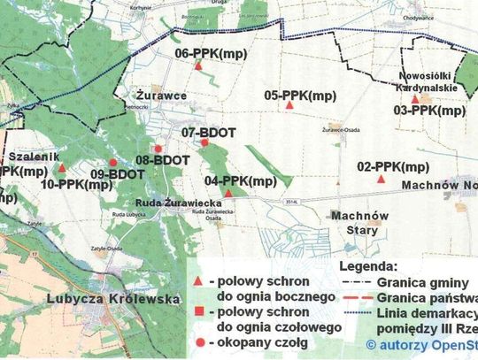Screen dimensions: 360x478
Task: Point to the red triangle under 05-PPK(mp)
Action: [x=289, y=106]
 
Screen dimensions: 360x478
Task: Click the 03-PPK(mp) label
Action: [x=429, y=111]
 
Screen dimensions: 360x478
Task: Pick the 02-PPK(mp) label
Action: [x=393, y=166]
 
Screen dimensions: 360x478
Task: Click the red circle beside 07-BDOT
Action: [x=204, y=142]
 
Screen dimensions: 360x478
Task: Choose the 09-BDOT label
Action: [x=117, y=174]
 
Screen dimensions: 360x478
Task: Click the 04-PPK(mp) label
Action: [x=241, y=181]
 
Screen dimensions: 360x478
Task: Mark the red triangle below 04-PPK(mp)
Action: [x=228, y=193]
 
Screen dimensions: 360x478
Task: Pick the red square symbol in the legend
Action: [x=202, y=311]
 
